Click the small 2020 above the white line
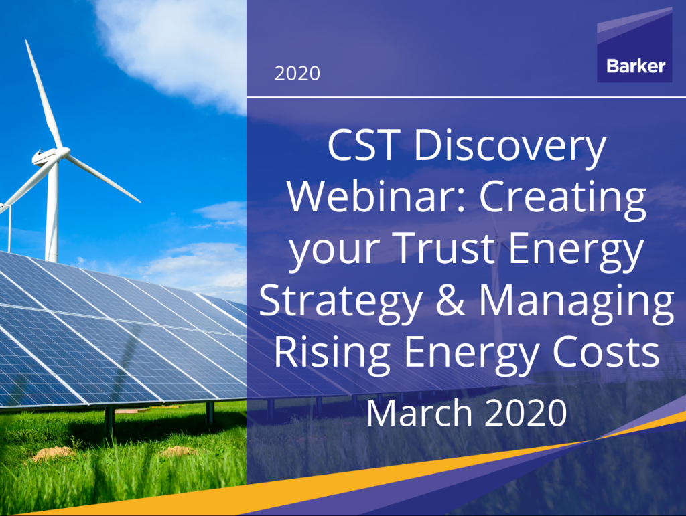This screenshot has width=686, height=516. click(x=297, y=73)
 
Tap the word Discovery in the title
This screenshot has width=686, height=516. click(x=510, y=149)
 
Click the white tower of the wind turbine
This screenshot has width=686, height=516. click(x=52, y=214)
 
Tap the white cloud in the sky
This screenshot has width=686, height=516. click(x=181, y=40)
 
